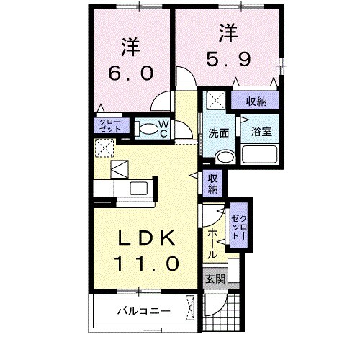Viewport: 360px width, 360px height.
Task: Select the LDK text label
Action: (x=143, y=238)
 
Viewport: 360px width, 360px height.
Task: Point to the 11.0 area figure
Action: (x=144, y=263)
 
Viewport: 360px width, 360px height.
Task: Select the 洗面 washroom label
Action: (x=220, y=132)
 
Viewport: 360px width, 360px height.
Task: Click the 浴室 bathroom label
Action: (x=261, y=132)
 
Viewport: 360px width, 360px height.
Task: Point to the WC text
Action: (x=163, y=129)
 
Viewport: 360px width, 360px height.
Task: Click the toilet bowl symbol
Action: (x=147, y=130)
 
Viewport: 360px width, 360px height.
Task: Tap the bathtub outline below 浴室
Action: (x=261, y=153)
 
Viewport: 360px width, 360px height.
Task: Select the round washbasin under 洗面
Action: (x=225, y=156)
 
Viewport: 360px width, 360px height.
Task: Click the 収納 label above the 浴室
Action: (x=256, y=102)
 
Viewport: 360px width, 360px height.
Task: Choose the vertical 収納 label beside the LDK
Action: (x=213, y=184)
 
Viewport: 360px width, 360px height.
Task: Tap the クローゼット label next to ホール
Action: (x=238, y=227)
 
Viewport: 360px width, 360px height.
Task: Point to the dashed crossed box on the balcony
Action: (x=191, y=307)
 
